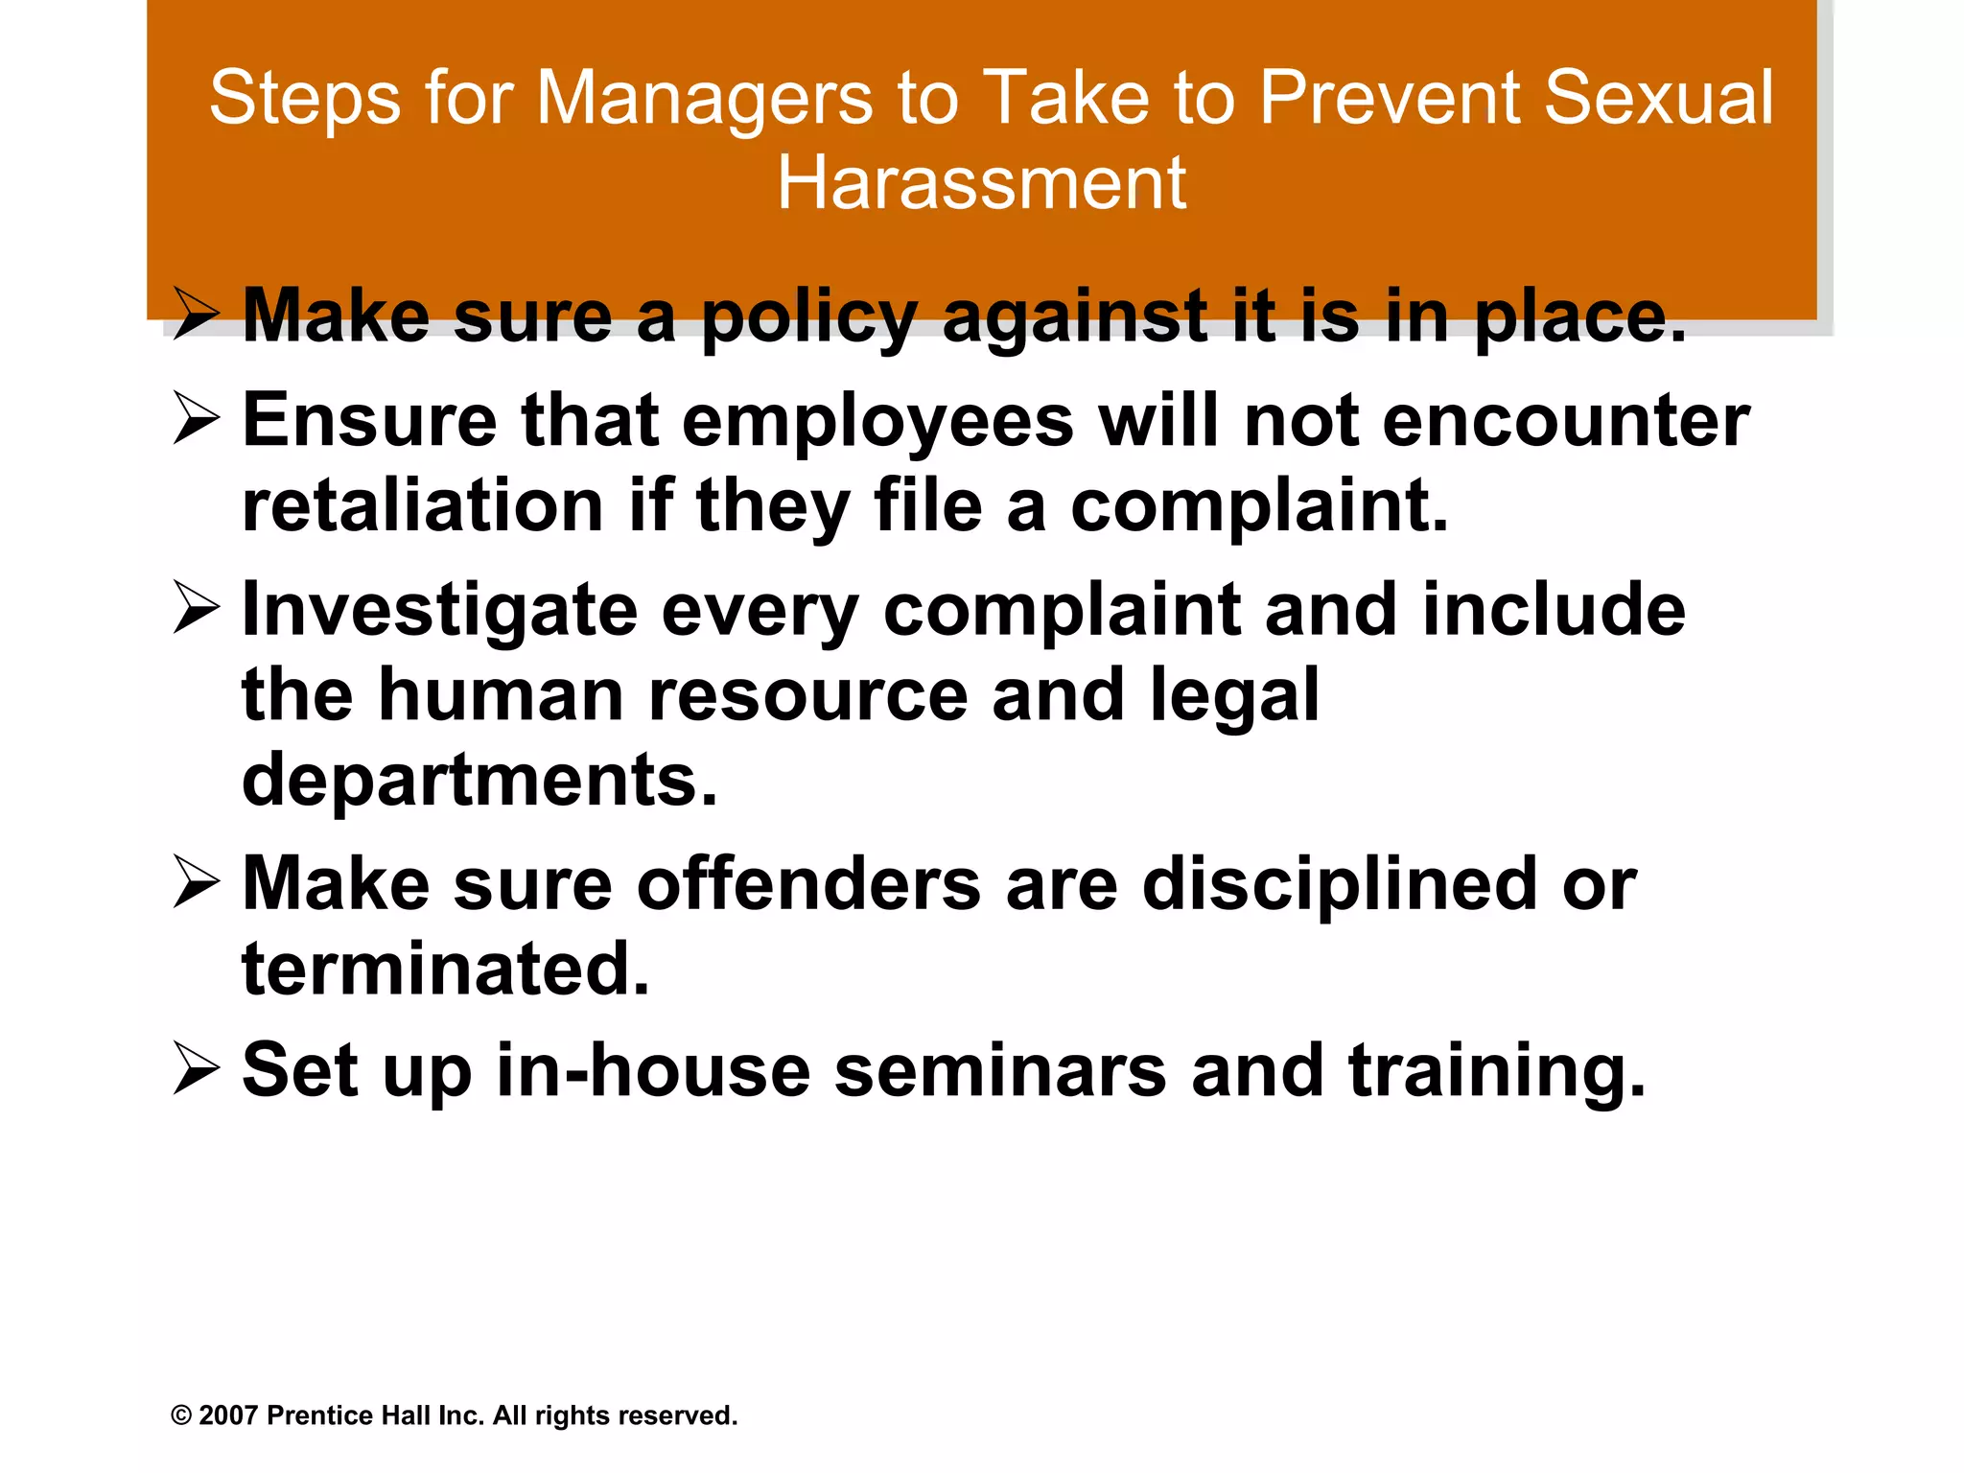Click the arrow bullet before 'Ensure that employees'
tap(197, 421)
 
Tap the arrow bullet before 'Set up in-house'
tap(197, 1071)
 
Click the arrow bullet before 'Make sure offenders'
tap(197, 884)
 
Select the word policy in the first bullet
tap(810, 317)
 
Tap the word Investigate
tap(440, 611)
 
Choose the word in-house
tap(653, 1071)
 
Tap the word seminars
tap(1000, 1071)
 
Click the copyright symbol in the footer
tap(181, 1415)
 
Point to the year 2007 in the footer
tap(228, 1415)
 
